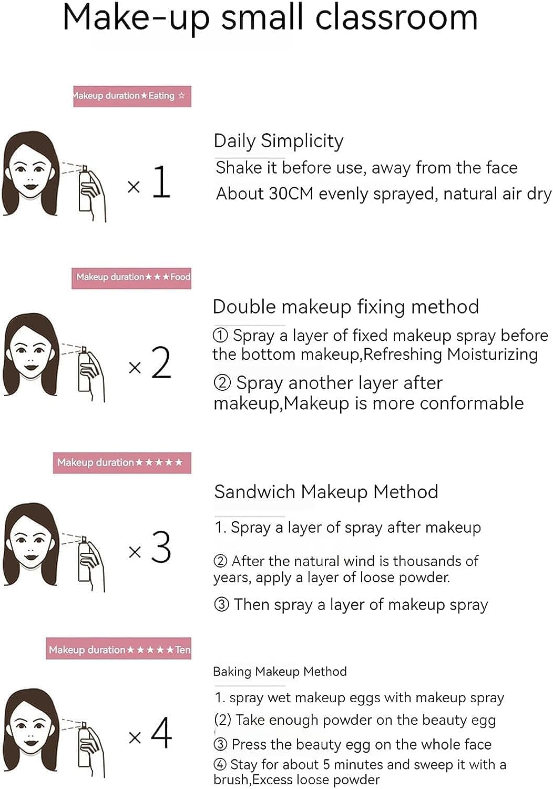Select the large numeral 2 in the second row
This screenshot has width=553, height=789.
[161, 363]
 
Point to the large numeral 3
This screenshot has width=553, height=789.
[161, 547]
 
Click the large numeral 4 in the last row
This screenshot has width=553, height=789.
[161, 732]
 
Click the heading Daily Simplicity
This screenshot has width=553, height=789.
[278, 141]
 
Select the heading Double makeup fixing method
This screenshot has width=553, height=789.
[345, 307]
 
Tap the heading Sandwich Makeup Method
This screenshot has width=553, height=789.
[326, 492]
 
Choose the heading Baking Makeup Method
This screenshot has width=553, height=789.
[280, 672]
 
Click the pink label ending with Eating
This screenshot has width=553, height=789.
[132, 96]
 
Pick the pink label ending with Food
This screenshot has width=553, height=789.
[131, 277]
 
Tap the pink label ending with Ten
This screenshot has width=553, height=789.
[119, 650]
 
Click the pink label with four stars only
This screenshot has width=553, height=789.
[122, 463]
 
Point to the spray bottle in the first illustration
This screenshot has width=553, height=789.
[85, 189]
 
